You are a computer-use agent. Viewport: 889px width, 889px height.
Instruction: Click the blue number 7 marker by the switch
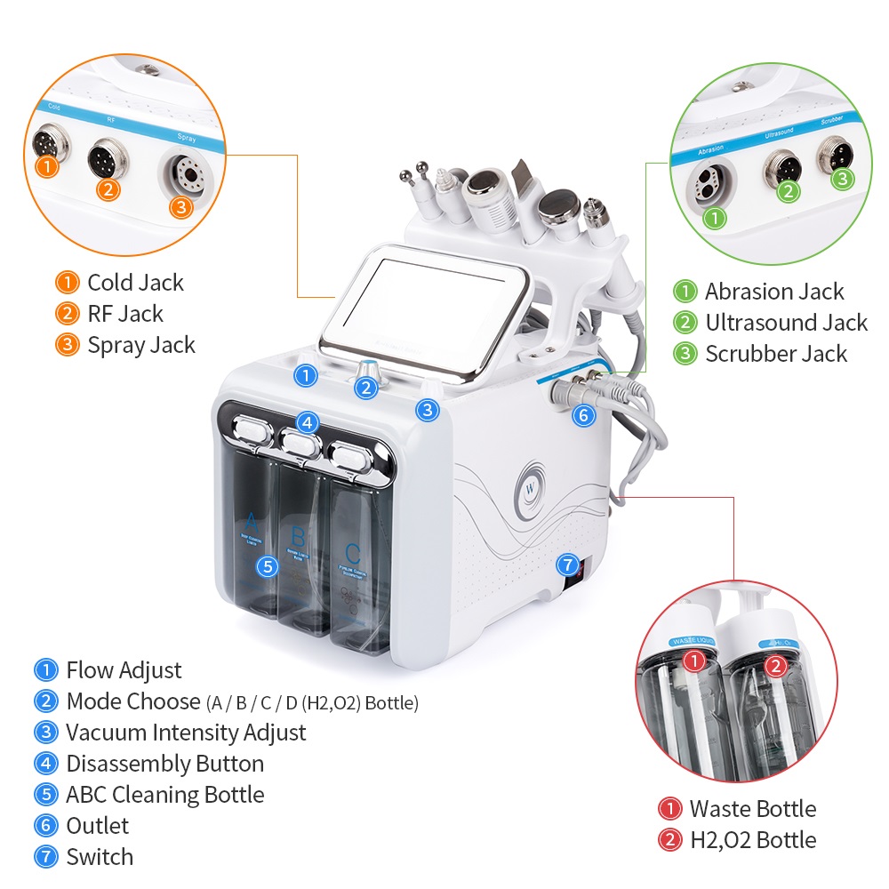click(566, 565)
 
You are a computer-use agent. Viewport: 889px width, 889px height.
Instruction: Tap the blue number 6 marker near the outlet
click(583, 414)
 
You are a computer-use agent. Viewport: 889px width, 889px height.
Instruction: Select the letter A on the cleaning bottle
click(252, 521)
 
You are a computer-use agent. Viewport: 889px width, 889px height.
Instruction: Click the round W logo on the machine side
click(531, 487)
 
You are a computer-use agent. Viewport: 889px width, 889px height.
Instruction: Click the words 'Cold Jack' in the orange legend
click(135, 283)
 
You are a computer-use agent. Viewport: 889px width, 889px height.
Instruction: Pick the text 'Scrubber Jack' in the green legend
click(776, 354)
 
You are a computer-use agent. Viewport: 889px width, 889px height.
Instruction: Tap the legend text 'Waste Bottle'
click(752, 809)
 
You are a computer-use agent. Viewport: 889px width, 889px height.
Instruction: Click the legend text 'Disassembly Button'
click(164, 764)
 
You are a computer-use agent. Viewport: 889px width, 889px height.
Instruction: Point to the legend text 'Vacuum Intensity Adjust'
click(186, 733)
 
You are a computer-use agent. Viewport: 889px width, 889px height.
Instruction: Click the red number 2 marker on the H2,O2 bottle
click(774, 664)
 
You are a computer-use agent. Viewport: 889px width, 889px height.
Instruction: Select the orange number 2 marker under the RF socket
click(108, 189)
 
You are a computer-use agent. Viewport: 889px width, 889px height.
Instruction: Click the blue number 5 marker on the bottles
click(267, 565)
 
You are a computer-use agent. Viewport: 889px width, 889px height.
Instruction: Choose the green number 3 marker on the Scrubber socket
click(841, 179)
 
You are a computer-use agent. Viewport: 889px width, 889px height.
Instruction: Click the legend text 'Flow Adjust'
click(124, 670)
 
